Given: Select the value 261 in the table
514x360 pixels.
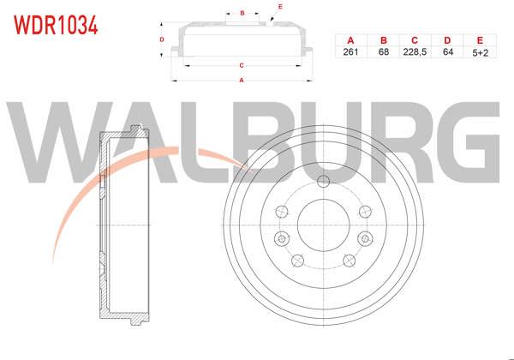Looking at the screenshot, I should [350, 52].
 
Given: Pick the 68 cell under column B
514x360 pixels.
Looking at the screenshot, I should [383, 52].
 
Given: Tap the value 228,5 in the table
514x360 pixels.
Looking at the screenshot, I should [415, 52].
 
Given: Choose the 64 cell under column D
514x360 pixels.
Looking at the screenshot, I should [446, 52].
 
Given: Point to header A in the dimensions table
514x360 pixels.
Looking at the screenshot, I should [350, 40].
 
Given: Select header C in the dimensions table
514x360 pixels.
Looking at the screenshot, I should [415, 40].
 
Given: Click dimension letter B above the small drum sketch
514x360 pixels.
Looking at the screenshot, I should [243, 13].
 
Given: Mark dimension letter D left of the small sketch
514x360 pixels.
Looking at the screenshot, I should [162, 39].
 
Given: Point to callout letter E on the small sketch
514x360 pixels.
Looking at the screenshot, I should [279, 7].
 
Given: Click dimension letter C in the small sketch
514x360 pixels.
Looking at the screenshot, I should [242, 65].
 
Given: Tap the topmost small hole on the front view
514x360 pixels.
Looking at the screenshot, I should [322, 181].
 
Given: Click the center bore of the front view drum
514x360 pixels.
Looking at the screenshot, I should [322, 226].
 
